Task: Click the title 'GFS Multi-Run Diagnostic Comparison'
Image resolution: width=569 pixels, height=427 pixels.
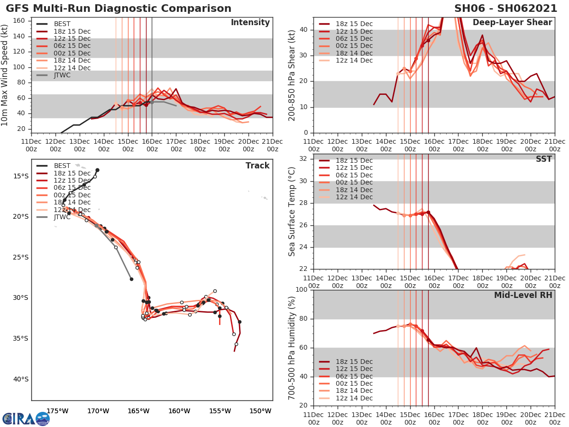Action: point(119,9)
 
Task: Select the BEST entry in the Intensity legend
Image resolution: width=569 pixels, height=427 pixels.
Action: point(62,24)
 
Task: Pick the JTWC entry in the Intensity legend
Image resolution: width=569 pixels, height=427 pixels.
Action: point(62,75)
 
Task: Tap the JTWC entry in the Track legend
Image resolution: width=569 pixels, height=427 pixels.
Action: point(62,217)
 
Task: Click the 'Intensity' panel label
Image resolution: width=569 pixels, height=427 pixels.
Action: point(250,23)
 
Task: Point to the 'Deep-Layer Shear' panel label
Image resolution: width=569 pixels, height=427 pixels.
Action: point(512,23)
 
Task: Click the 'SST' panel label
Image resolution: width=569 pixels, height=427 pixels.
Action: point(544,159)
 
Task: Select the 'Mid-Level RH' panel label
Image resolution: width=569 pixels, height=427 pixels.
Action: point(523,295)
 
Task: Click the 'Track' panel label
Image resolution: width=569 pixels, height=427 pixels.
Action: point(257,166)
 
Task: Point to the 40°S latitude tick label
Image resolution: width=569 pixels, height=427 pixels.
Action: point(20,379)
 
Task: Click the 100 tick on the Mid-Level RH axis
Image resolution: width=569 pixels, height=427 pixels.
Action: point(301,290)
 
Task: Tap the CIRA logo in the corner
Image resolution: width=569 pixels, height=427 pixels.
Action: point(26,418)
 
